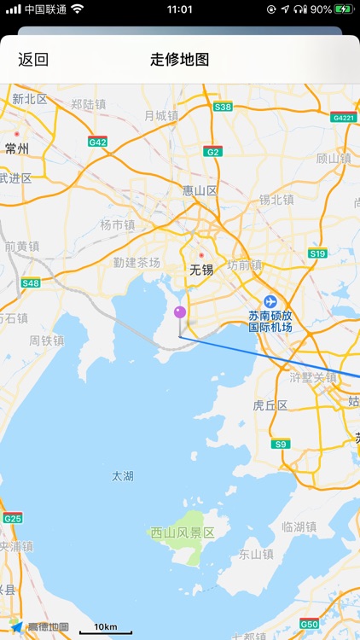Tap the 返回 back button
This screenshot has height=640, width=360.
(33, 60)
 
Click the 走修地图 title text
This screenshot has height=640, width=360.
(180, 60)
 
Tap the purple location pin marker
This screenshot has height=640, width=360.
(180, 313)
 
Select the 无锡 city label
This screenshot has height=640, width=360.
(200, 270)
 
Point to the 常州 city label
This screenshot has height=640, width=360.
(17, 148)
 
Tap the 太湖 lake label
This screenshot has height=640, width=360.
(123, 476)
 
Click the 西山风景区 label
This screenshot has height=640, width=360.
(182, 532)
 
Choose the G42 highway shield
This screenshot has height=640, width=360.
(97, 142)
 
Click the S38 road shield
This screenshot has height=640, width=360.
(223, 107)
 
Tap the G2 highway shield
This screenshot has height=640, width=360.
(212, 151)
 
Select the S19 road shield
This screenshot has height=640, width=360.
(317, 253)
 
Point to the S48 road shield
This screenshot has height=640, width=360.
(31, 282)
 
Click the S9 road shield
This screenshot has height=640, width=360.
(281, 444)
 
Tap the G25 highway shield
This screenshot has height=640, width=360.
(12, 518)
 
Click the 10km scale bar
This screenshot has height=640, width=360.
(106, 629)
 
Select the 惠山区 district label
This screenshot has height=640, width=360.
(200, 190)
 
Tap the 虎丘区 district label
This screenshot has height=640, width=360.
(270, 405)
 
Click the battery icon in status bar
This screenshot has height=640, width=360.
(343, 9)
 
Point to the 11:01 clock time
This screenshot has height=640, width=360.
(180, 9)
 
